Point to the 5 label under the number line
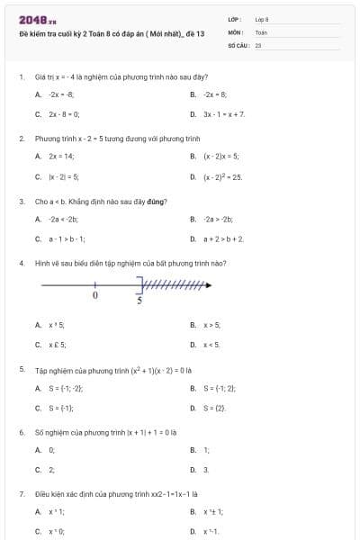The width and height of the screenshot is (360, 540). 139,301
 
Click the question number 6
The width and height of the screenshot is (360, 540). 21,431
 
